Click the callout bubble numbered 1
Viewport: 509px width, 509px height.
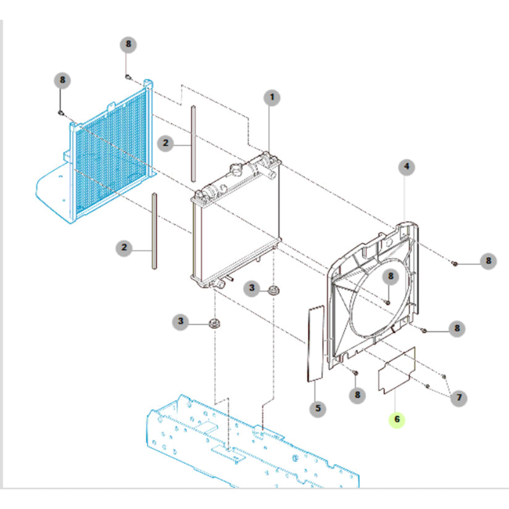(271, 97)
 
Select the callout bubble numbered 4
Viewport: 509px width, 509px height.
(406, 166)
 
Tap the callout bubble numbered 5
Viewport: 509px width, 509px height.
(317, 408)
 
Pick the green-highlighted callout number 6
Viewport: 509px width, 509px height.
(397, 420)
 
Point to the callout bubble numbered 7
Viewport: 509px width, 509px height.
(458, 398)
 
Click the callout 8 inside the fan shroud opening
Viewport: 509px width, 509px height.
(390, 276)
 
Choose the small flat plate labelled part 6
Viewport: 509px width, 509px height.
(397, 370)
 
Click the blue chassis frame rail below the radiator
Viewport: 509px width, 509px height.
(247, 444)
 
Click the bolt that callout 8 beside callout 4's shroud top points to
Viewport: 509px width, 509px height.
(454, 263)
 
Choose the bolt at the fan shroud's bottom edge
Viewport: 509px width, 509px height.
(356, 373)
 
